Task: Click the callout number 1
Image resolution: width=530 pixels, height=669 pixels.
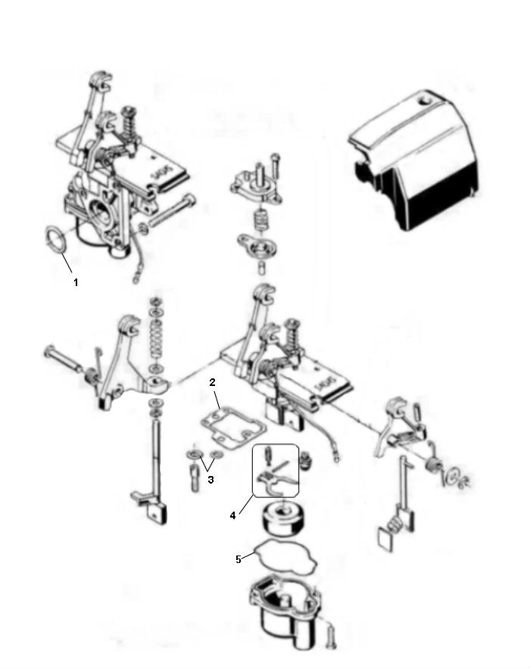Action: point(76,282)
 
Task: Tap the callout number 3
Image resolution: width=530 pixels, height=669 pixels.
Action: point(210,480)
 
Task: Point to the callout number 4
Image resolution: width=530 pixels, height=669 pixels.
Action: point(233,515)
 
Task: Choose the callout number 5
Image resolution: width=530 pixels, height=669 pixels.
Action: point(238,559)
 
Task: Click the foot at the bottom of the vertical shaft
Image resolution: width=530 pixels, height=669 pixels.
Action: point(154,508)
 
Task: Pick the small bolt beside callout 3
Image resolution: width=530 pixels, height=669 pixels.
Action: point(196,478)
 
